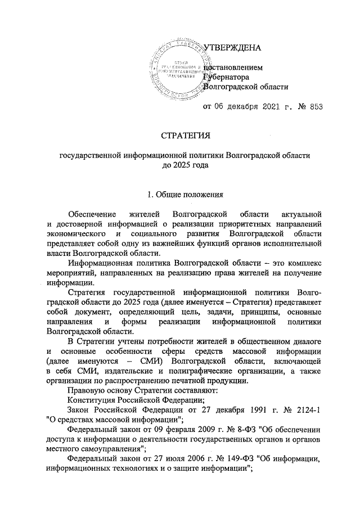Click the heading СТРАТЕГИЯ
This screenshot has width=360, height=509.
pos(185,136)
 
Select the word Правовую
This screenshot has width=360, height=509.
pos(84,390)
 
